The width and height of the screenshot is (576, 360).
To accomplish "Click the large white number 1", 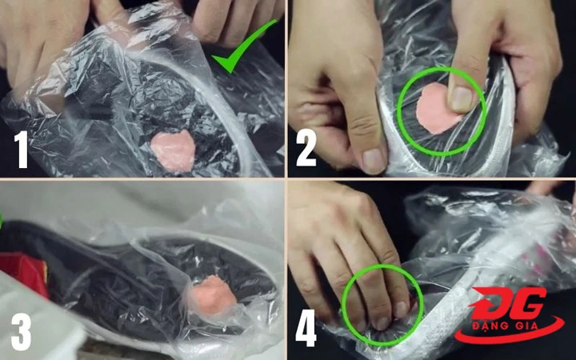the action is click(x=22, y=149).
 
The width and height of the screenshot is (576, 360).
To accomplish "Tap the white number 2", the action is click(x=306, y=148).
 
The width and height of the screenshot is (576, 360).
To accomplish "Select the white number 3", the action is click(x=22, y=332).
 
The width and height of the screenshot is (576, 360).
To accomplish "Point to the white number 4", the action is click(x=306, y=328).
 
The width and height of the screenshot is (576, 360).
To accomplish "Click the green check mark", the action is click(x=242, y=47).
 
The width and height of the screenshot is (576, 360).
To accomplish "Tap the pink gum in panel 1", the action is click(x=173, y=150).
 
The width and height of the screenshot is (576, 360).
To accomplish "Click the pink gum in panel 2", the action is click(x=437, y=109).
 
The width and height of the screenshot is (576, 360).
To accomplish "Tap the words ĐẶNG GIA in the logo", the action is click(x=508, y=326).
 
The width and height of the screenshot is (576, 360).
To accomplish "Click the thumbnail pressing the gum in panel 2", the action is click(x=462, y=99).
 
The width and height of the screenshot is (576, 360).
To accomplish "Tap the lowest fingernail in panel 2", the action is click(x=373, y=161).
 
